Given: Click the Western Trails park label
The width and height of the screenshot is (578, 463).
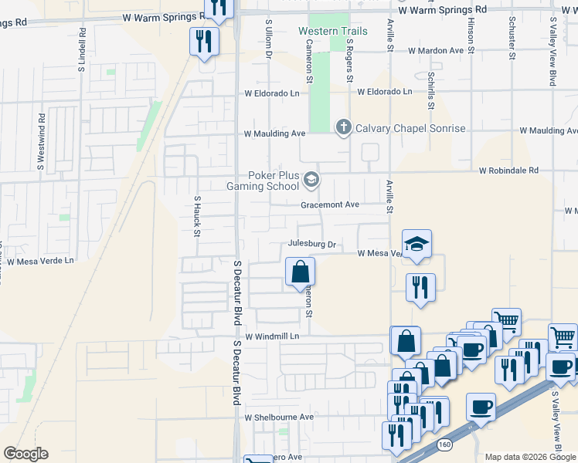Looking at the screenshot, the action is pyautogui.click(x=333, y=32).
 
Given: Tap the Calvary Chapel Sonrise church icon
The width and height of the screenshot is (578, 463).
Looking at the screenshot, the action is pyautogui.click(x=343, y=127).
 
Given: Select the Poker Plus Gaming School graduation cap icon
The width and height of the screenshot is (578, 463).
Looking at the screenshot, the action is pyautogui.click(x=311, y=181).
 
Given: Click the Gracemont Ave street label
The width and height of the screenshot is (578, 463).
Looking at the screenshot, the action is pyautogui.click(x=330, y=204).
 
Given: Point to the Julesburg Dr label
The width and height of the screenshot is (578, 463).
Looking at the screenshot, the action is pyautogui.click(x=312, y=244).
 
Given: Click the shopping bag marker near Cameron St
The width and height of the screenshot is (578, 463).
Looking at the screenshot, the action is pyautogui.click(x=300, y=272).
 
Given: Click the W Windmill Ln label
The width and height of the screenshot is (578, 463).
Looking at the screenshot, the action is pyautogui.click(x=272, y=337).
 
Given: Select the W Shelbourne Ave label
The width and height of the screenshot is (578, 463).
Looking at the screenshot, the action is pyautogui.click(x=280, y=417).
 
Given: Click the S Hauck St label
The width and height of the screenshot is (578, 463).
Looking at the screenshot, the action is pyautogui.click(x=198, y=215).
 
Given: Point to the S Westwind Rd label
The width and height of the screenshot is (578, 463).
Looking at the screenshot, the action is pyautogui.click(x=41, y=144).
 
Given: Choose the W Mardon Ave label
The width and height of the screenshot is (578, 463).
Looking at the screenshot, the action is pyautogui.click(x=436, y=50).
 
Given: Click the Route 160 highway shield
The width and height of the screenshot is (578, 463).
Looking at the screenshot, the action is pyautogui.click(x=444, y=444).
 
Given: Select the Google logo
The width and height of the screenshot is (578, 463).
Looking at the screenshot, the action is pyautogui.click(x=26, y=454).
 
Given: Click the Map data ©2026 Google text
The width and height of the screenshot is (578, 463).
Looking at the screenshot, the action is pyautogui.click(x=530, y=456).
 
